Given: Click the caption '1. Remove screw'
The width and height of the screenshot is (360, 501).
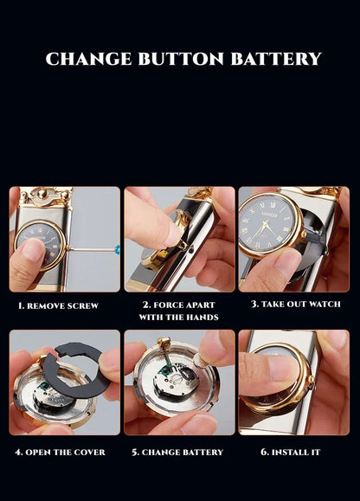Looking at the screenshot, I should click(59, 306).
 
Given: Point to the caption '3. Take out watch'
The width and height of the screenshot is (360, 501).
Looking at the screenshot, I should click(296, 305).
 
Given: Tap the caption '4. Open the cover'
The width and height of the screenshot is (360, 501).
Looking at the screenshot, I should click(61, 452).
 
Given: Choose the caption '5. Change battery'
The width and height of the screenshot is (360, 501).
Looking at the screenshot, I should click(177, 452).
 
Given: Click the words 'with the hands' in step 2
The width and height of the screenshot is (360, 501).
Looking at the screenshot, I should click(178, 318).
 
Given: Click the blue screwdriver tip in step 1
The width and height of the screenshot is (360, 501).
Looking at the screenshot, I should click(117, 249).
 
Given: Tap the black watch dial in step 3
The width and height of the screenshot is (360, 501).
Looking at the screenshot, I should click(268, 224).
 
